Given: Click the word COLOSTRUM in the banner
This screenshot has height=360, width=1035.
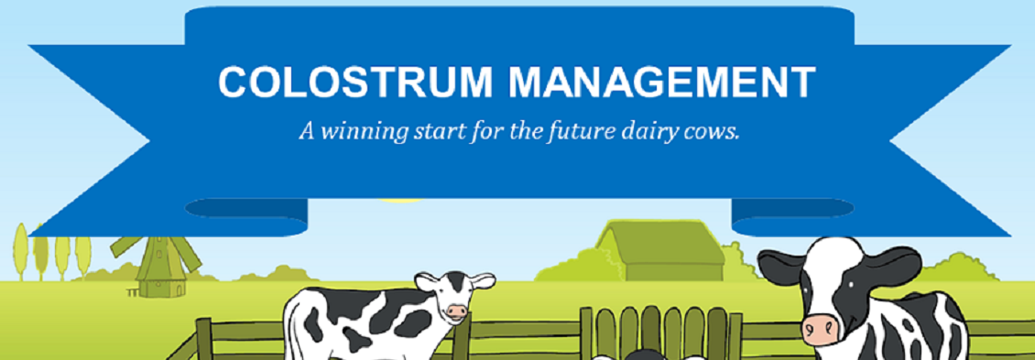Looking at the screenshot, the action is point(356,82).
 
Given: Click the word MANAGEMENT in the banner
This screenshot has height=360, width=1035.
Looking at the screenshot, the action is point(662,82).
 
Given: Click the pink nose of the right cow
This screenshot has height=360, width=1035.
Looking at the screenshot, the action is point(822,328).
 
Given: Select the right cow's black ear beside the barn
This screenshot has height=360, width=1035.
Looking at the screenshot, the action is point(781,267).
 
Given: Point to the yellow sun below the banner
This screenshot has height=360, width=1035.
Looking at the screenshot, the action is point(400,200).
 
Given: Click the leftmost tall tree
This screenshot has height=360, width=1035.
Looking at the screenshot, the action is point(20,252).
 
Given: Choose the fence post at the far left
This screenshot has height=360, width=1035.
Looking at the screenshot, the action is point(204,339).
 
